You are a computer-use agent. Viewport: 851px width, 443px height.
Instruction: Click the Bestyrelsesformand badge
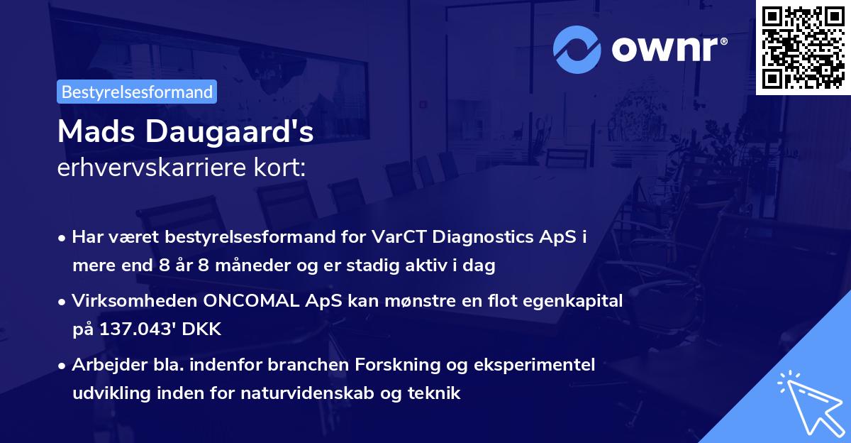(x=137, y=92)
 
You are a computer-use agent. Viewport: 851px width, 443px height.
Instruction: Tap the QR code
(x=803, y=47)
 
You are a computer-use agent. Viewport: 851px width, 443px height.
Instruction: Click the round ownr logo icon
(x=577, y=50)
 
